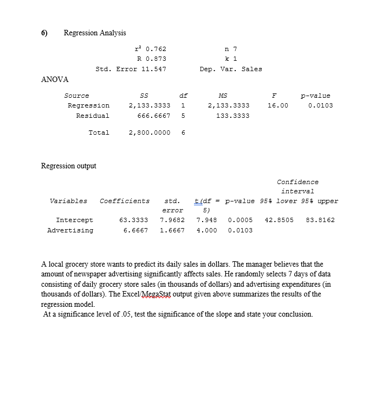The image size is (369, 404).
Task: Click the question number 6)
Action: point(44,33)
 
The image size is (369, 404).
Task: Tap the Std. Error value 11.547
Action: point(153,69)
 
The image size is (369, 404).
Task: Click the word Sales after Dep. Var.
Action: point(251,69)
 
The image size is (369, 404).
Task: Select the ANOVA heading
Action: point(55,80)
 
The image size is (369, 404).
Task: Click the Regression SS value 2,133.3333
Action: point(149,105)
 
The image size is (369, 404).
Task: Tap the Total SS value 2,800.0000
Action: point(149,132)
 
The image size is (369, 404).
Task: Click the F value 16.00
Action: point(277,105)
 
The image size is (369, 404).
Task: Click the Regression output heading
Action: point(69,166)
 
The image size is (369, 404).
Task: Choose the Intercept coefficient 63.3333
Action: point(133,220)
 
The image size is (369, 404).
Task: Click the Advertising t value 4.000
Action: point(206,230)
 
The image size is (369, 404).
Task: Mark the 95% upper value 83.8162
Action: point(320,220)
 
